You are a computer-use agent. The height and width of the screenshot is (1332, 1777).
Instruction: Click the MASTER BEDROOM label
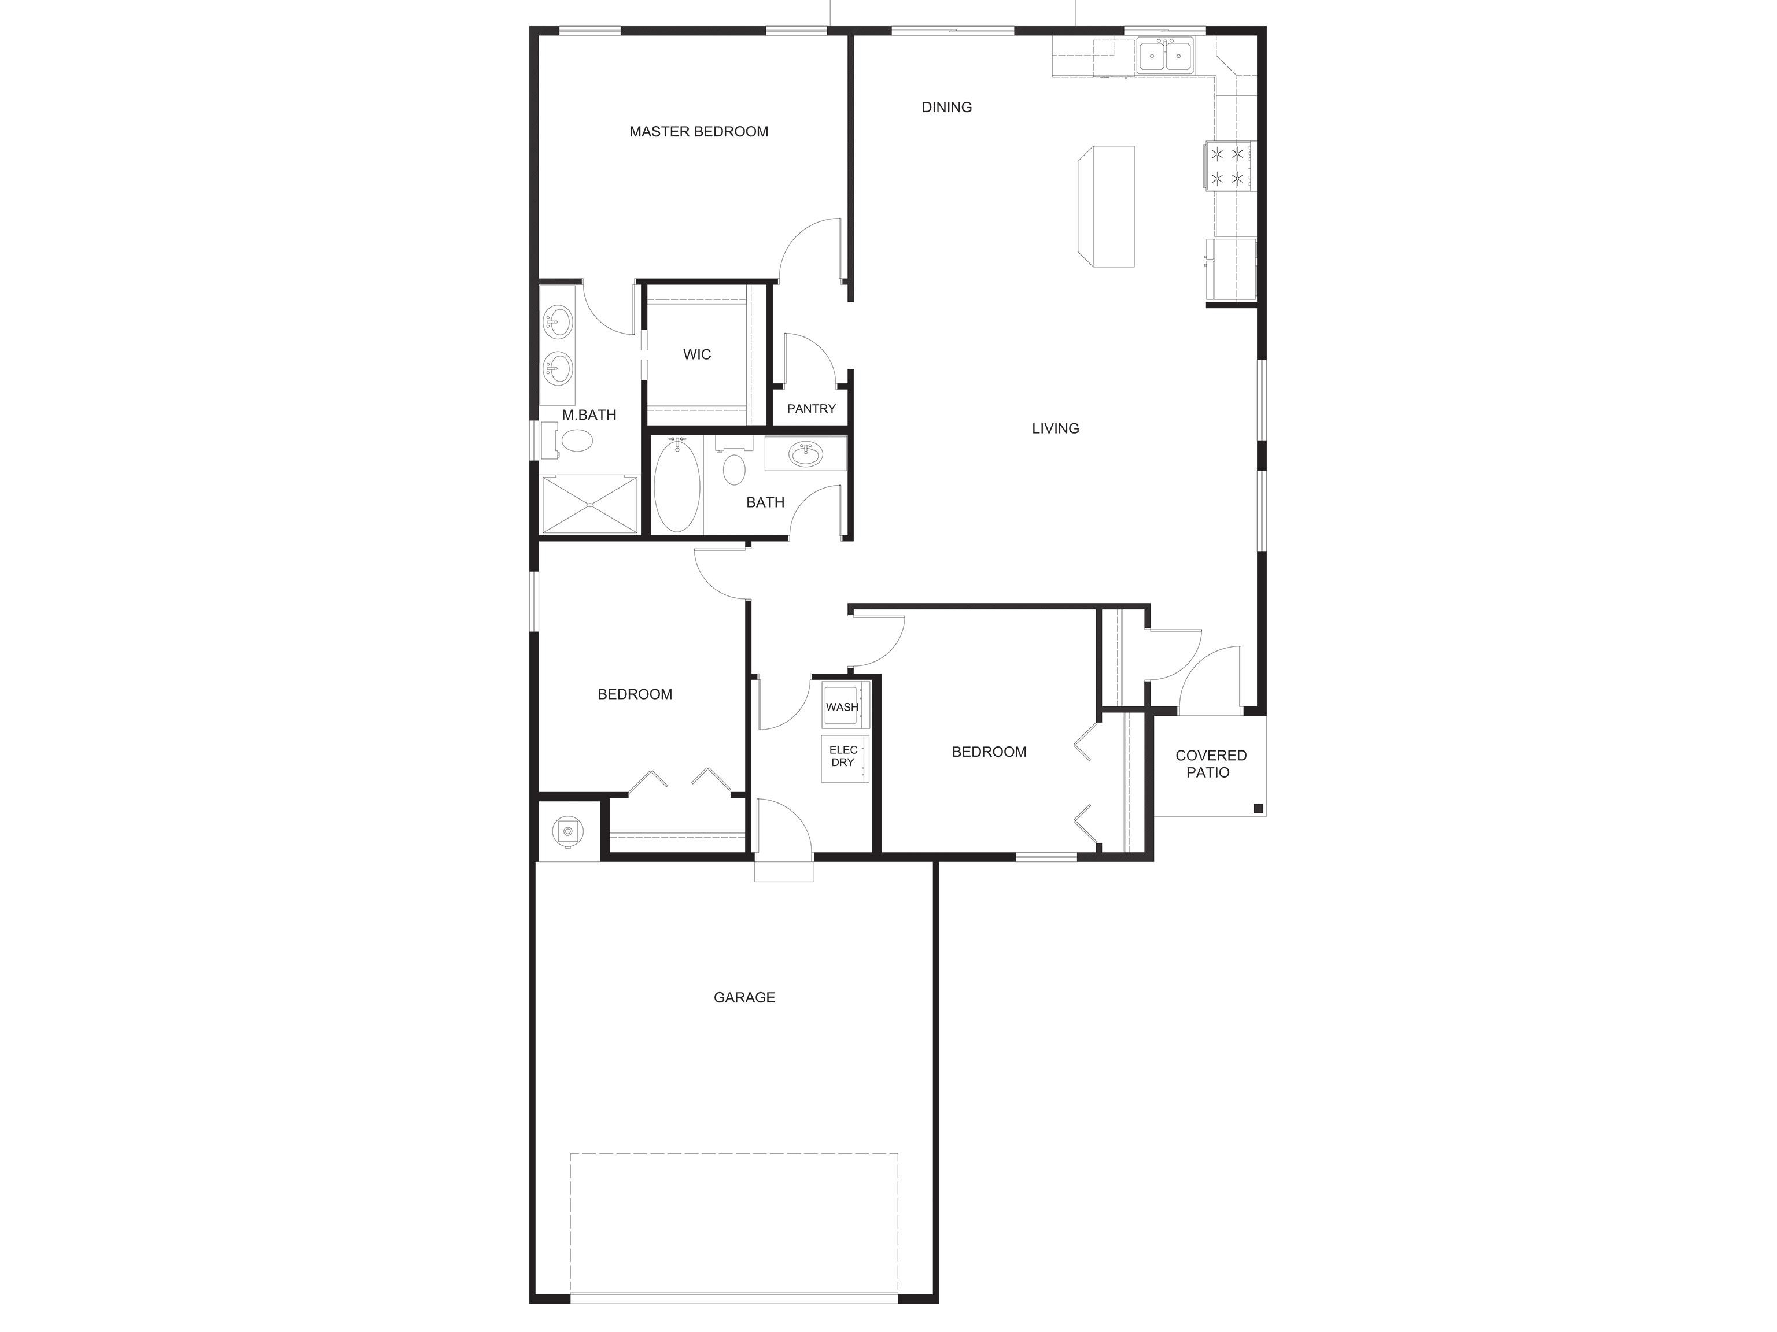(x=698, y=132)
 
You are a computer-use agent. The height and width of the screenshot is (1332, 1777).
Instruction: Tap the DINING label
(x=946, y=108)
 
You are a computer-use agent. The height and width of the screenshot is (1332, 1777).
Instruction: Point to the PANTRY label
(x=812, y=409)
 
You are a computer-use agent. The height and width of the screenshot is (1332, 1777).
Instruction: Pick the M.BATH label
(x=589, y=415)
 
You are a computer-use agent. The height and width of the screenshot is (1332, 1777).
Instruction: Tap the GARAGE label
(x=744, y=997)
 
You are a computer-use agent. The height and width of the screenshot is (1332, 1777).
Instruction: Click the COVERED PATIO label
(x=1211, y=764)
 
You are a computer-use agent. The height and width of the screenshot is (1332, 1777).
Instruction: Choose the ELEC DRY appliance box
(x=843, y=758)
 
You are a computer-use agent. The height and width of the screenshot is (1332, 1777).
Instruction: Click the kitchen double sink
(x=1166, y=56)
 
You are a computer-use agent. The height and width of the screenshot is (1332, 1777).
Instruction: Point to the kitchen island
(x=1106, y=206)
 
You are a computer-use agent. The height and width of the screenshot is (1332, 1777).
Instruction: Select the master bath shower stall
(x=589, y=504)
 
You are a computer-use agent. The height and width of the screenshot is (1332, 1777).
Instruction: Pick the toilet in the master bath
(x=571, y=440)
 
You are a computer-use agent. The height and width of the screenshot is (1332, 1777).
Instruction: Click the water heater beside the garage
(x=568, y=831)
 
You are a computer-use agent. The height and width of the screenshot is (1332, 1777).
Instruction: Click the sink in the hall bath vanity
(x=805, y=455)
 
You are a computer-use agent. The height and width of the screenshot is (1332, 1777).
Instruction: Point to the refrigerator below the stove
(x=1230, y=269)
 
